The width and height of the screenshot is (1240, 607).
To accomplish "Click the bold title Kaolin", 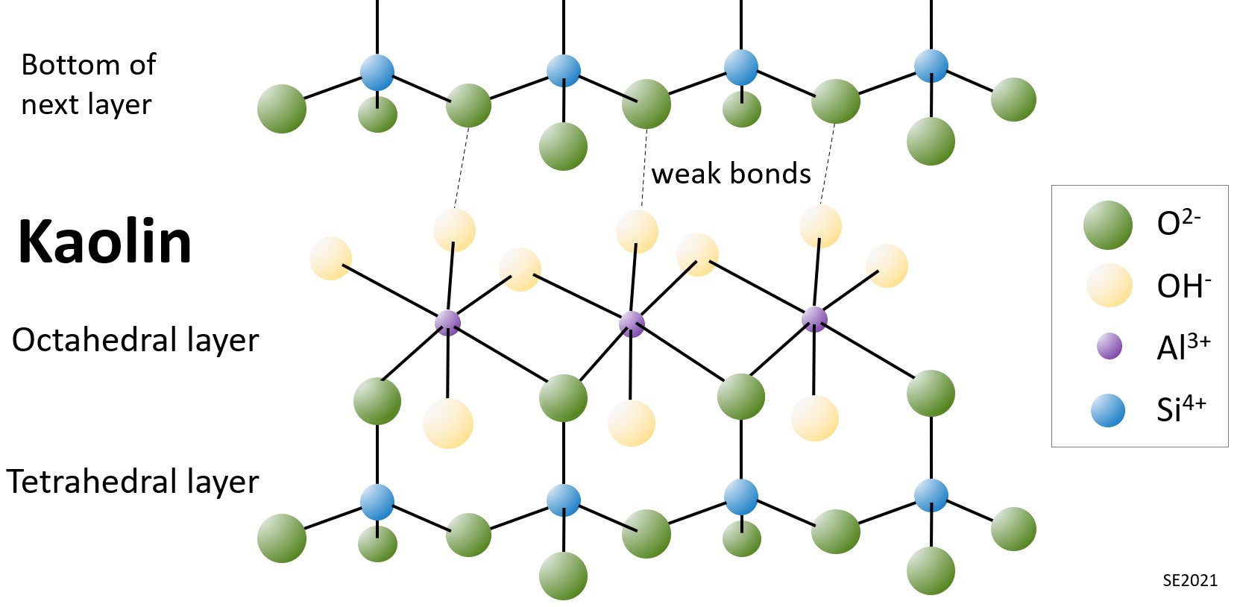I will coord(104,242).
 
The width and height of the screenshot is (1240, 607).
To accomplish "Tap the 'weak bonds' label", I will coord(731,174).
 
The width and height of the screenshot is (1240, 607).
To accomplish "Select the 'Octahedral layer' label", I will coord(135,340).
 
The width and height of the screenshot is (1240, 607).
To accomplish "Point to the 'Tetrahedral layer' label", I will coord(133,482).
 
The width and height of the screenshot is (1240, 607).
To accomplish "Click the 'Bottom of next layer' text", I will coord(88,84).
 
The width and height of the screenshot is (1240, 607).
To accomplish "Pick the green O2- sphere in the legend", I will coord(1108,224).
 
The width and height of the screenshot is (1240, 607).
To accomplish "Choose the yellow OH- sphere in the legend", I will coord(1109,285).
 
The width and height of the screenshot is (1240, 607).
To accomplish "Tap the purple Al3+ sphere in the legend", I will coord(1110,346).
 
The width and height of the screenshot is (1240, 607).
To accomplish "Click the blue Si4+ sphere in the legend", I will coord(1108,410).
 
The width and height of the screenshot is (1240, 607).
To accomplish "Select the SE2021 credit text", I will coord(1190,580).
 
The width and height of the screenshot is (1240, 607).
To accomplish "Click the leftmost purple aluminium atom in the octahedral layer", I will coord(447,322).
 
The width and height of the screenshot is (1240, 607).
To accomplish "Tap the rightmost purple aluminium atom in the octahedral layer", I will coord(814,319).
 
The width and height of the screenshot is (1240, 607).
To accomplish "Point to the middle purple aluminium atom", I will coord(632,324).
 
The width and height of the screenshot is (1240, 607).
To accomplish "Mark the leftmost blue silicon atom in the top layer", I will coord(377,72).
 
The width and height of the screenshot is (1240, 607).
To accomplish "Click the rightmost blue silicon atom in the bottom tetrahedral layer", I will coord(931,496).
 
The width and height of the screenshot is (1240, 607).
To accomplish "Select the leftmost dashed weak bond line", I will coord(462,168).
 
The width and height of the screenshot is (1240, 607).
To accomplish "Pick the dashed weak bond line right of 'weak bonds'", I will coord(827,164).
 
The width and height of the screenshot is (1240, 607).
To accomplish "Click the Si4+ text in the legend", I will coord(1181,409).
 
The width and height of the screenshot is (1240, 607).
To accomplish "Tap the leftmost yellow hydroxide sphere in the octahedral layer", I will coord(330,258).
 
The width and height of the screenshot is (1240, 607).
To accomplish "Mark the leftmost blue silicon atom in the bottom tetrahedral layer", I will coord(377,502).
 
